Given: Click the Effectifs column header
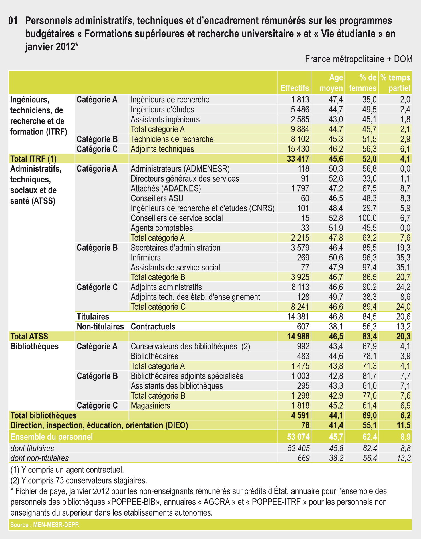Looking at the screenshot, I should point(295,88).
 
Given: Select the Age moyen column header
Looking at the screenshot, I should point(331,83).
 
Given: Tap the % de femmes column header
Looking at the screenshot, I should point(362,83).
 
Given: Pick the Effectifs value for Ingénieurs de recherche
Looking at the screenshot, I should point(300,100).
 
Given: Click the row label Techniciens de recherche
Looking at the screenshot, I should point(172,139).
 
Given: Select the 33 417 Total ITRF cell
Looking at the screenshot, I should point(298,159).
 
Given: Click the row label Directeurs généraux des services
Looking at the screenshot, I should point(185,179).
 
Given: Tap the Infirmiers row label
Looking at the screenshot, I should point(146,258).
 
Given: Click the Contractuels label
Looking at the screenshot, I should point(153,327).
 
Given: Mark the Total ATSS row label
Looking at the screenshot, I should point(29,337).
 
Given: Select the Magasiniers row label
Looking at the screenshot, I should point(150,405).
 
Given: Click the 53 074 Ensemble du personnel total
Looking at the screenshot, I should point(298,437).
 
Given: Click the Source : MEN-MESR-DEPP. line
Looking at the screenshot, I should point(45,525).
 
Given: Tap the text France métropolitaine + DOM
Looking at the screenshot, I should point(358,59).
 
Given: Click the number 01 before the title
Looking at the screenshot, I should point(13,21).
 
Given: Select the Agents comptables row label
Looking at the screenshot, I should point(162,228).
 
